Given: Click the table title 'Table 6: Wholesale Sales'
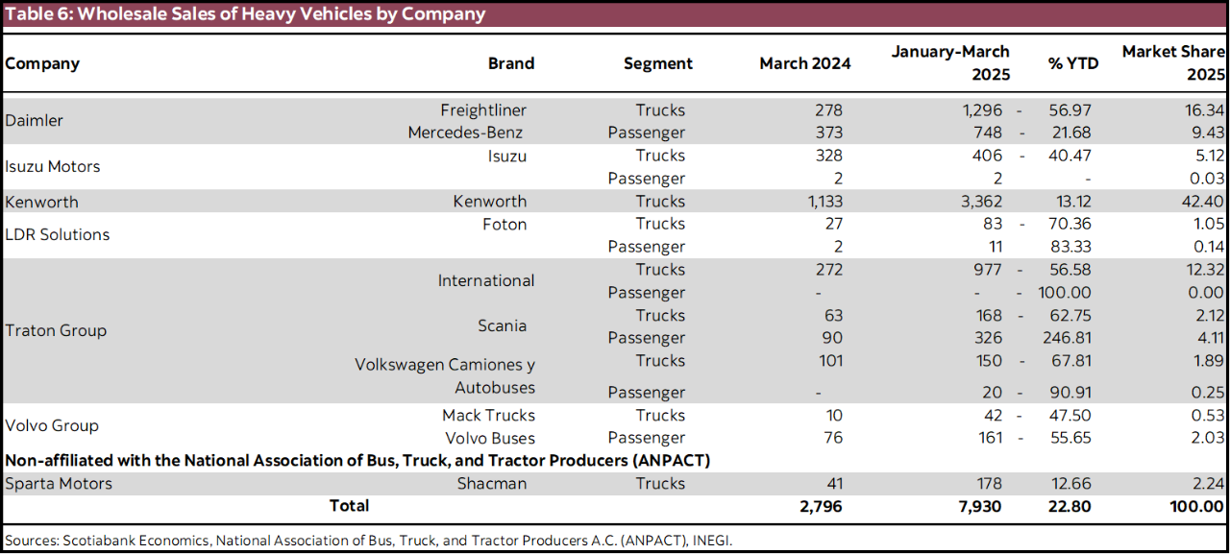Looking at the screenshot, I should point(245,14).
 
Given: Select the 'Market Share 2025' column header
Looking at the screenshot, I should point(1173,62).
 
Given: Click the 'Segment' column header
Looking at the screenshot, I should point(657,63).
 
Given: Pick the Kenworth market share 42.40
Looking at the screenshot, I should point(1205,202).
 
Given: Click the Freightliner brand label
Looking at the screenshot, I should point(483,110).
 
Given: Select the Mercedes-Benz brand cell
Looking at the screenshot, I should point(465,132).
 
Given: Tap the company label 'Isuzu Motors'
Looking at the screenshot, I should point(52,166).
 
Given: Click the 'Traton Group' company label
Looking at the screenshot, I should point(56,330).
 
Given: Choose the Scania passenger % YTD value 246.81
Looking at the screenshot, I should point(1067,338).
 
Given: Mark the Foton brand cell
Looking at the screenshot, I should point(504,224).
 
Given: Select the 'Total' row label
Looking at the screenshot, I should point(349,505).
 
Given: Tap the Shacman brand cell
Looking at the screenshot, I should point(491,484).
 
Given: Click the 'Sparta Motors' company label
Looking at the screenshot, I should point(58,484).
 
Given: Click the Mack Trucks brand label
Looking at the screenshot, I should point(488,416).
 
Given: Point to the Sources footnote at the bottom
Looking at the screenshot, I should point(368,541).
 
